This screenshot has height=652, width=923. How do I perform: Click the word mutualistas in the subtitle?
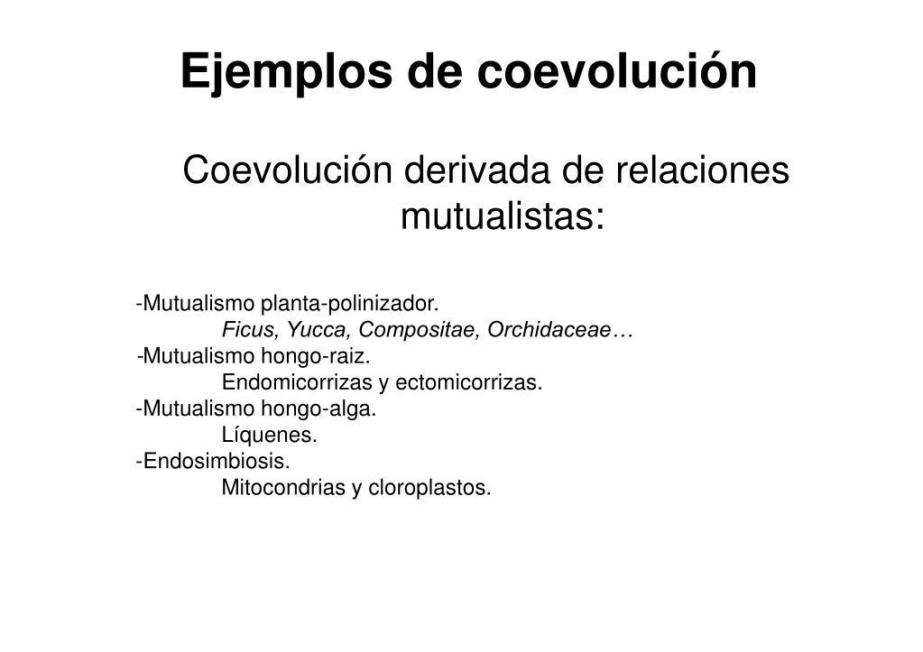[x=502, y=216]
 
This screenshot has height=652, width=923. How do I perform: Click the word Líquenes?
[x=270, y=436]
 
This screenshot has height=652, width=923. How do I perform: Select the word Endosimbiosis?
[x=217, y=462]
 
